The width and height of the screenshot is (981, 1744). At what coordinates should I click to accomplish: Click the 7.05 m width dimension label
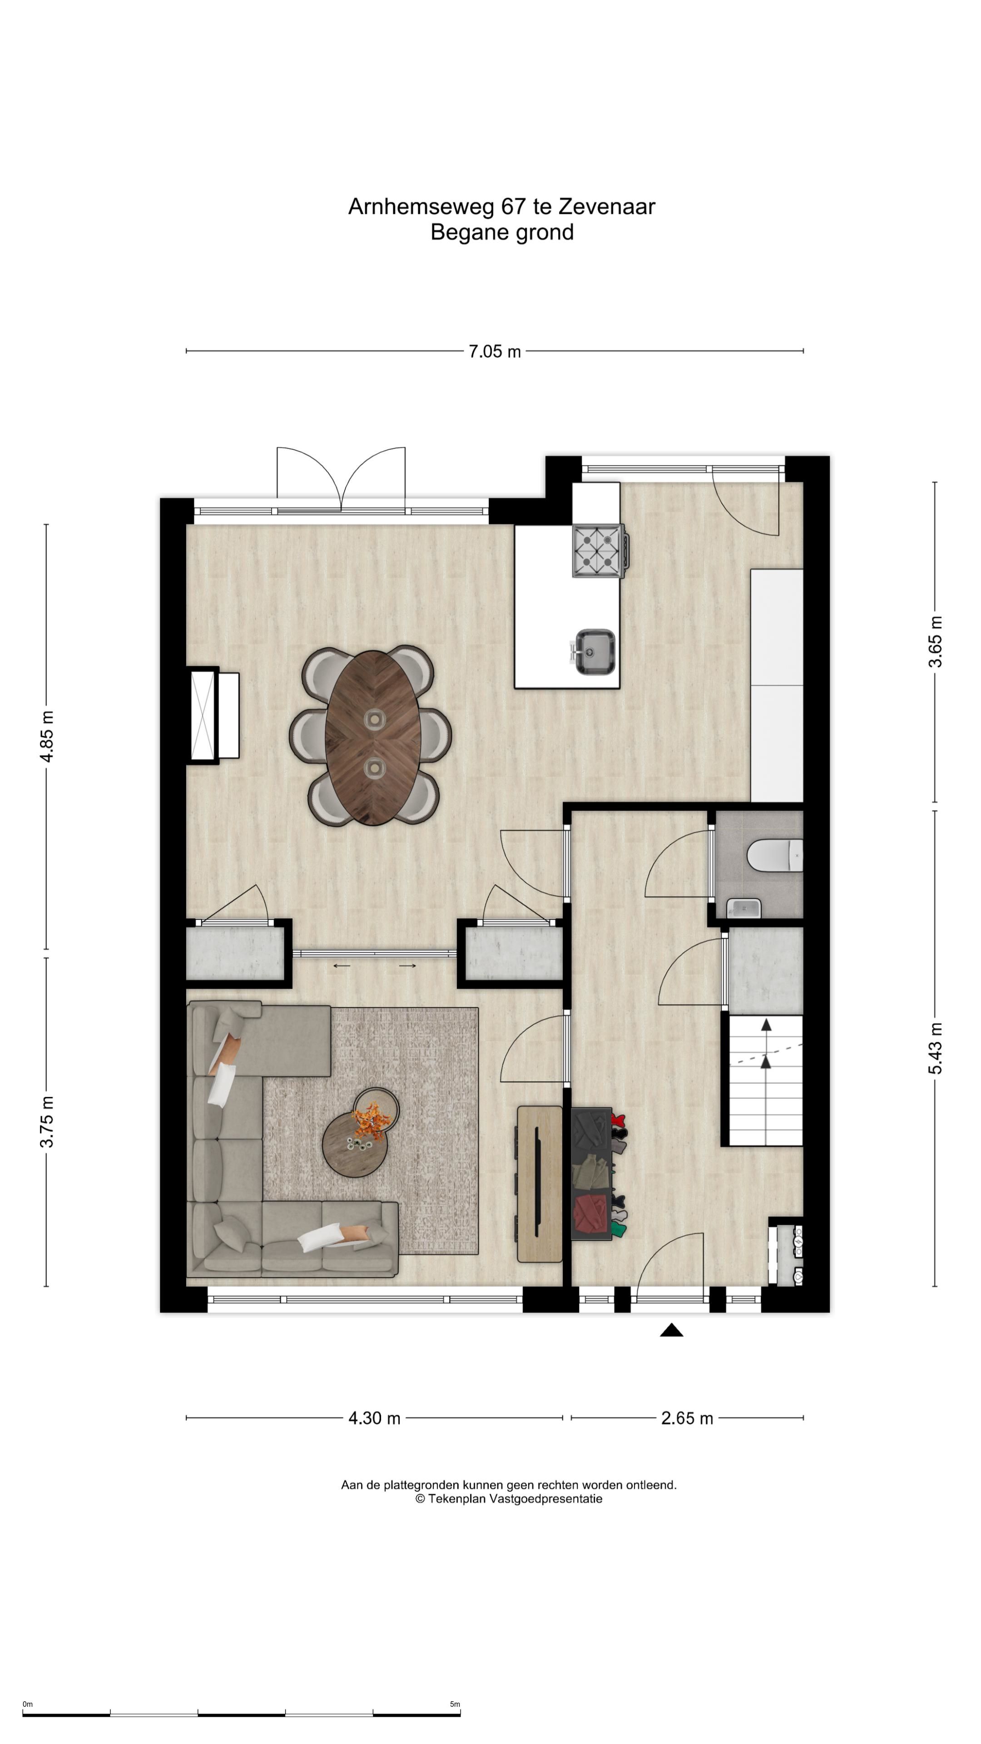495,352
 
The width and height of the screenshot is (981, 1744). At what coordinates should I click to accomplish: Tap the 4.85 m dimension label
47,737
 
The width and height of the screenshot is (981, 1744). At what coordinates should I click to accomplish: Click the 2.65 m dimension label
687,1418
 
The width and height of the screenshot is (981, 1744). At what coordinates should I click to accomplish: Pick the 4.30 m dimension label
374,1418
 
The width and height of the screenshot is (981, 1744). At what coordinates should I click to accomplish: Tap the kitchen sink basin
595,652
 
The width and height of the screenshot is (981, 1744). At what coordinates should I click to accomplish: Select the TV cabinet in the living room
540,1185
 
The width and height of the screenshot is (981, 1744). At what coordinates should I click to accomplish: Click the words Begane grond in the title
502,232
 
